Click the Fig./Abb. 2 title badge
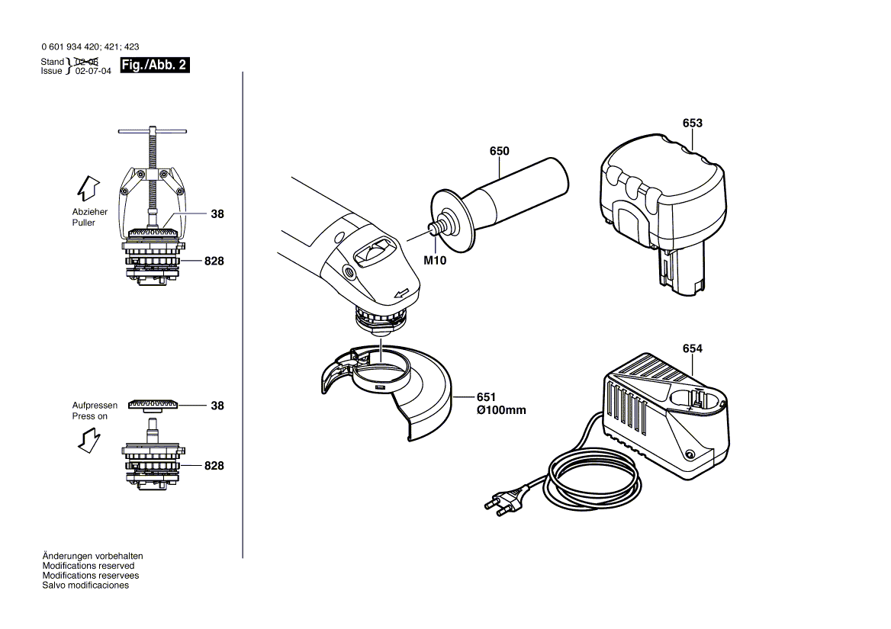pyautogui.click(x=154, y=66)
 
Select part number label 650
pyautogui.click(x=499, y=152)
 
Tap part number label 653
pyautogui.click(x=693, y=123)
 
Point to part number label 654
pyautogui.click(x=693, y=349)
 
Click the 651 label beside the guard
pyautogui.click(x=486, y=397)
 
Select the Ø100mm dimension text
pyautogui.click(x=501, y=410)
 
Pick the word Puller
pyautogui.click(x=84, y=223)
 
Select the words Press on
pyautogui.click(x=89, y=416)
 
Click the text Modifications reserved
pyautogui.click(x=88, y=566)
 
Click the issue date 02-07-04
pyautogui.click(x=93, y=71)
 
